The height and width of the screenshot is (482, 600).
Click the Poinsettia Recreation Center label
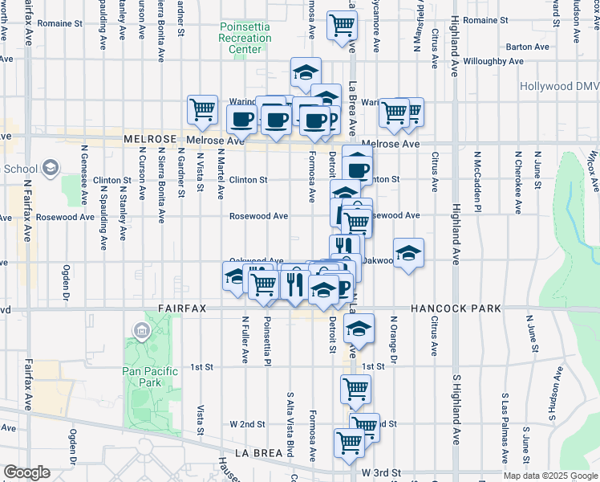coord(245,38)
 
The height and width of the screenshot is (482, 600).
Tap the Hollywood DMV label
coord(558,86)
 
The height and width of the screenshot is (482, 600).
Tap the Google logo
coord(26,472)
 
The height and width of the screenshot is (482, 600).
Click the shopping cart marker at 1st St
coord(355,389)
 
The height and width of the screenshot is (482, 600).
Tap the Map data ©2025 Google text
coord(550,476)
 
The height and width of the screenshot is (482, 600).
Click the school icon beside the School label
coord(51,167)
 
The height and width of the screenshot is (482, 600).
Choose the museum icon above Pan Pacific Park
coord(141,330)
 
